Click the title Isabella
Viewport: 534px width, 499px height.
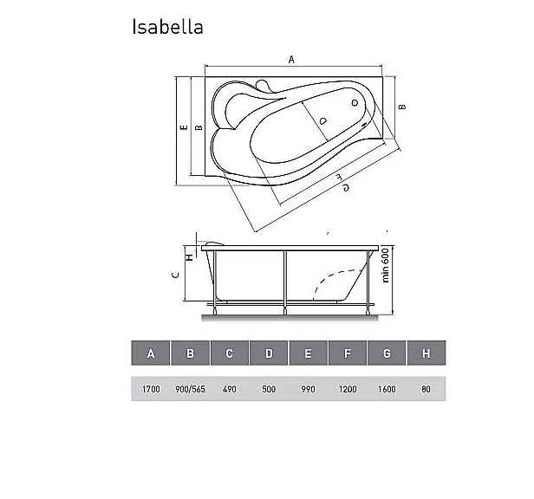pos(167,27)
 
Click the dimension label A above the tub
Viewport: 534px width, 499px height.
pos(291,60)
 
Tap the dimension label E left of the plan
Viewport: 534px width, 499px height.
pos(184,127)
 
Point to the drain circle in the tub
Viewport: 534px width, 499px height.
pos(355,103)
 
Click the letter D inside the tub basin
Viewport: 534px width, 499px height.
pos(322,120)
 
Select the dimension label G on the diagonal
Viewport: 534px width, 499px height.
pos(345,187)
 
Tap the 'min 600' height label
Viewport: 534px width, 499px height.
pos(385,265)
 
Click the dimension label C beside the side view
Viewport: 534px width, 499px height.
pos(176,275)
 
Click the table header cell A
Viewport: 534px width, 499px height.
pos(151,353)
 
